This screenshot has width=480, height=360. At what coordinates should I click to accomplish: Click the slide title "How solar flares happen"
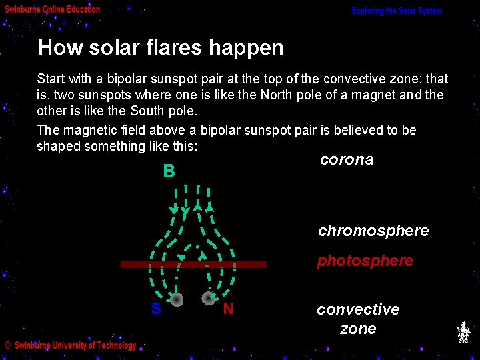pyautogui.click(x=161, y=48)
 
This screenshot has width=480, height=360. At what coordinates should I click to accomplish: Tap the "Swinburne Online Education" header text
pyautogui.click(x=53, y=9)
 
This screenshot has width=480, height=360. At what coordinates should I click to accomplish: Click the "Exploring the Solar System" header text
pyautogui.click(x=397, y=11)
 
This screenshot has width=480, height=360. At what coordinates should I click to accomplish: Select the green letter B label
pyautogui.click(x=169, y=172)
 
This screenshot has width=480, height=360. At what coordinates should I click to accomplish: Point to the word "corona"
pyautogui.click(x=347, y=160)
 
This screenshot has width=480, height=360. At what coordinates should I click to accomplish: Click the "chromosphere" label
pyautogui.click(x=373, y=231)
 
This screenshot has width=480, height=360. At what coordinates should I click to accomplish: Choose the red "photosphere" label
pyautogui.click(x=365, y=261)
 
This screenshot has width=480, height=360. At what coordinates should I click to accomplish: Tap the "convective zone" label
pyautogui.click(x=358, y=319)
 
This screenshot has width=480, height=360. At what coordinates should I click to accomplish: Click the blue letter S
pyautogui.click(x=155, y=309)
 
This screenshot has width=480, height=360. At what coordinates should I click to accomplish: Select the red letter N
pyautogui.click(x=228, y=309)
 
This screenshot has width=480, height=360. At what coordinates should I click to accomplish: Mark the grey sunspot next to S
pyautogui.click(x=176, y=300)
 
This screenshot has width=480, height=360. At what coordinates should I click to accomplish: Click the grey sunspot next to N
pyautogui.click(x=209, y=299)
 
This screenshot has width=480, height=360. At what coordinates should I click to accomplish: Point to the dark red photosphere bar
pyautogui.click(x=193, y=265)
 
